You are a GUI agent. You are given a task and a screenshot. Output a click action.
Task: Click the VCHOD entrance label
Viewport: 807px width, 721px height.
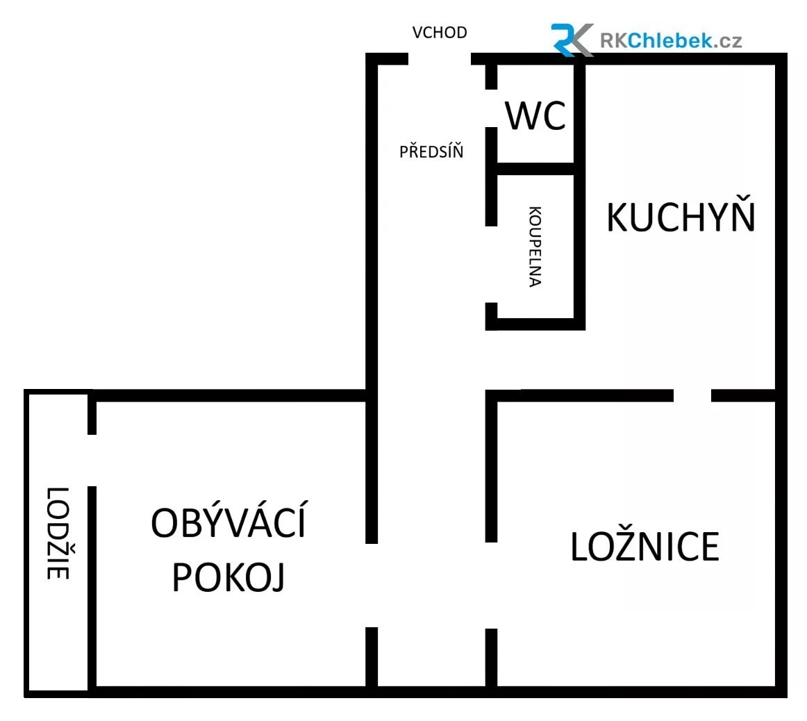coord(440,33)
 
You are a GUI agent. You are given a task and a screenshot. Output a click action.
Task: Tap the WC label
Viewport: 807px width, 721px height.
coord(535,116)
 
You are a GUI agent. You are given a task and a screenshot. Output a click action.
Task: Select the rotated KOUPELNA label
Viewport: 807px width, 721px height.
coord(535,247)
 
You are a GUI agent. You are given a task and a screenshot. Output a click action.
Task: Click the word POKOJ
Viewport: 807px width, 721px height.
coord(228,577)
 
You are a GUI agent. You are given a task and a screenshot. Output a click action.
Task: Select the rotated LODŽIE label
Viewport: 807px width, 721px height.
coord(58,533)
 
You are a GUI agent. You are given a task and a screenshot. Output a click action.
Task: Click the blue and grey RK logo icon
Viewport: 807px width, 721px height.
coord(572,40)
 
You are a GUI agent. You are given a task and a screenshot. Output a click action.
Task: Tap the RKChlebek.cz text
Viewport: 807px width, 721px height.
coord(671,41)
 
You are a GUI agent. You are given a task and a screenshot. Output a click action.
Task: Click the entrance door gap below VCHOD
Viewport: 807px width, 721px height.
coord(440,58)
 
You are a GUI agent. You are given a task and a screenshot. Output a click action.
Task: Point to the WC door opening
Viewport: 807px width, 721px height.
coord(492,108)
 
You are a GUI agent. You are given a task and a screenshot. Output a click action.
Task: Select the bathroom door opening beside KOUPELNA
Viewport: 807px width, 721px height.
coord(492,265)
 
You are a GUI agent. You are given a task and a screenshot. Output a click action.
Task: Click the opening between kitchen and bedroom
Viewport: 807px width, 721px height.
coord(692,395)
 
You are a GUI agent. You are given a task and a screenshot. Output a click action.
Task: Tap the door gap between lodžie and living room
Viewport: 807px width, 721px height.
coord(92,461)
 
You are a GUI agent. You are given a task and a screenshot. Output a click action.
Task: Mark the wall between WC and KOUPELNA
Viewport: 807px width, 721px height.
coord(535,169)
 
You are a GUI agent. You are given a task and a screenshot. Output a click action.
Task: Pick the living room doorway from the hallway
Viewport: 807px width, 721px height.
coord(372,586)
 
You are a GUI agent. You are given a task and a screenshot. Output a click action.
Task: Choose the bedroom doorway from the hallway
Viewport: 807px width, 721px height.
coord(492,586)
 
